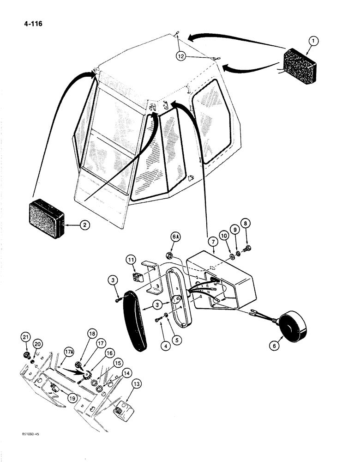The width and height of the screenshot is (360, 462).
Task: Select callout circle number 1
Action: pyautogui.click(x=313, y=41)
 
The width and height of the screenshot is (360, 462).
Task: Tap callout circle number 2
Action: pyautogui.click(x=84, y=226)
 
